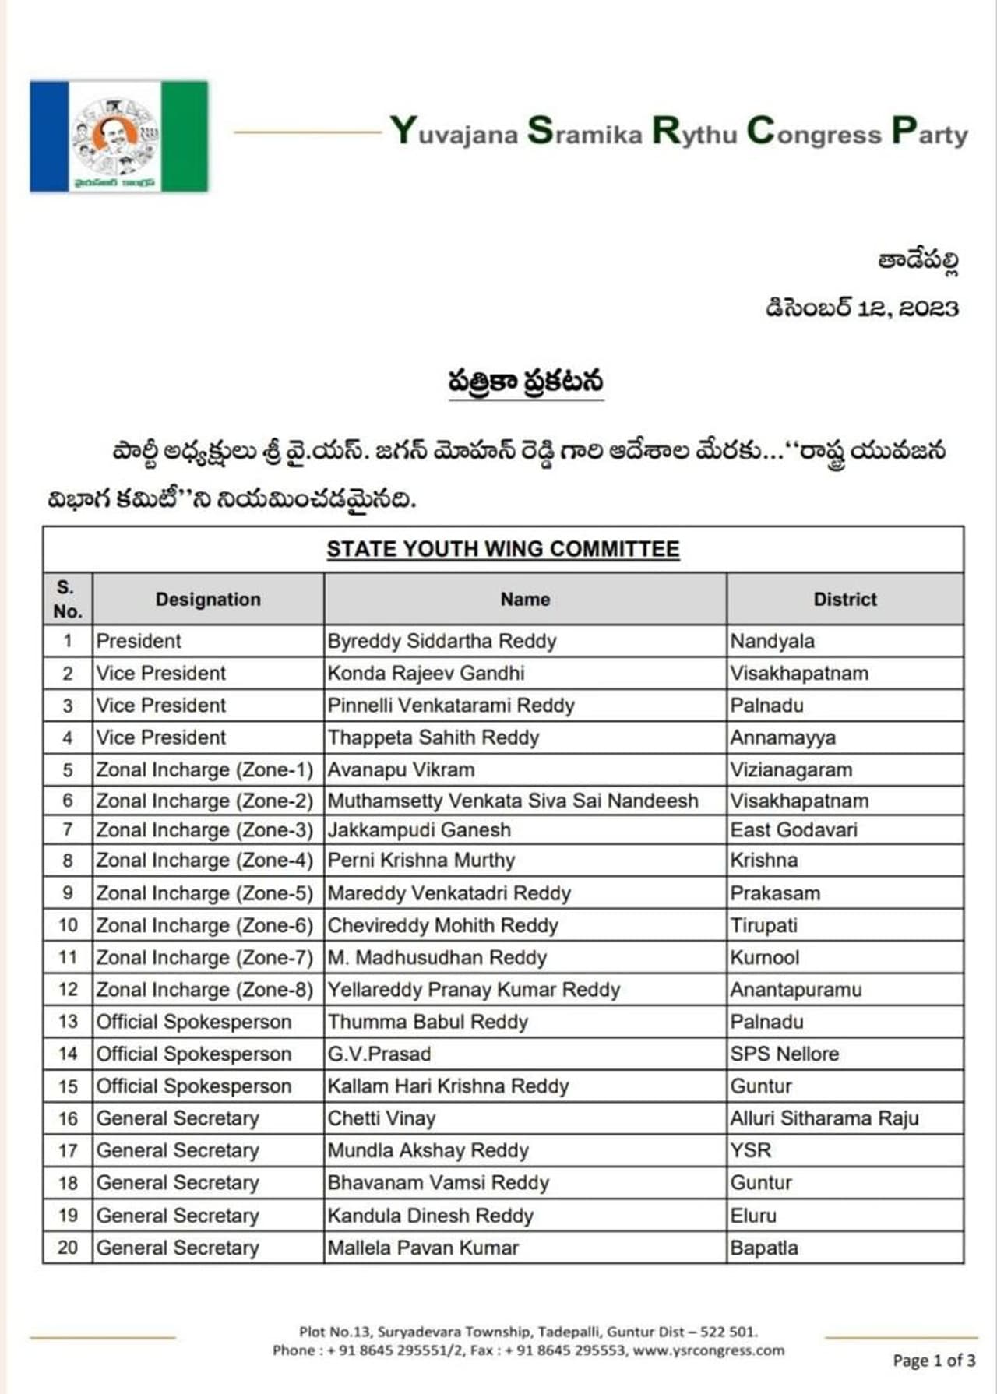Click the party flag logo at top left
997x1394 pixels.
pos(118,136)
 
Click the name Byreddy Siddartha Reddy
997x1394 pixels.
pos(442,641)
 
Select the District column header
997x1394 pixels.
pos(844,599)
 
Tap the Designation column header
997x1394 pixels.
pos(208,599)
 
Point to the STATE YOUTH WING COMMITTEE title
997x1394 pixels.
pos(502,549)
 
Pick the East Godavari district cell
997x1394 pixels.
pos(793,830)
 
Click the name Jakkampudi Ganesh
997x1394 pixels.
pos(419,830)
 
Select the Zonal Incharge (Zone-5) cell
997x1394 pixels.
pos(204,893)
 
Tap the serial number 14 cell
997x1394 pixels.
pos(68,1054)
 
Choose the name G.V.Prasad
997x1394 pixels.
pos(379,1054)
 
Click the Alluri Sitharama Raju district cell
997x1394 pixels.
pos(824,1118)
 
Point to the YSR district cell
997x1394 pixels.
pos(750,1150)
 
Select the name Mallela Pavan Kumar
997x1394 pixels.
pos(423,1248)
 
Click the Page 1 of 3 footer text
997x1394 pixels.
pos(934,1361)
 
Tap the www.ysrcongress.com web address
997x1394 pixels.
pos(708,1350)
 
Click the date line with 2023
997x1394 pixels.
pos(861,308)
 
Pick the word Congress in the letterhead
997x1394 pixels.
pos(814,132)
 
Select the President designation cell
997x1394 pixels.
pos(139,641)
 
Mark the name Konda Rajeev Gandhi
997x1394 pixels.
pos(425,673)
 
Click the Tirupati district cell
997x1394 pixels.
pos(763,925)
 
